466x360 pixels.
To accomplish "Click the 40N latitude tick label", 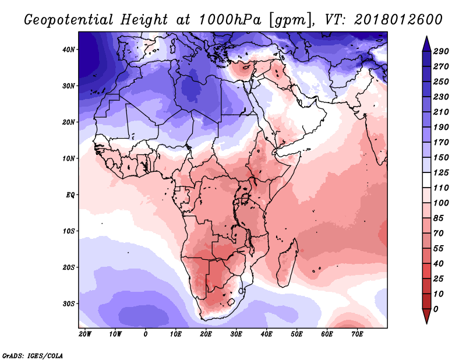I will (69, 50).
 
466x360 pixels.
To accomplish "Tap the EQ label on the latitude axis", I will (70, 195).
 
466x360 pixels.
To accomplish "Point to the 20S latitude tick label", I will (69, 267).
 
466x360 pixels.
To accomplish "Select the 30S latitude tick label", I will (69, 303).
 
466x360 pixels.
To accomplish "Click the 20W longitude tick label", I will (85, 334).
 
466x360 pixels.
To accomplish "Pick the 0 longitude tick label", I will (146, 334).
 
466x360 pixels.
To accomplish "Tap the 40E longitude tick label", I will (267, 334).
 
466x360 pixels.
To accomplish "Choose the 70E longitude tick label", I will (358, 334).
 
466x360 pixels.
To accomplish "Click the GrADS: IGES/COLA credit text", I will (33, 355).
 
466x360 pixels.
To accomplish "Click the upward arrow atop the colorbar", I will (426, 43).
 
